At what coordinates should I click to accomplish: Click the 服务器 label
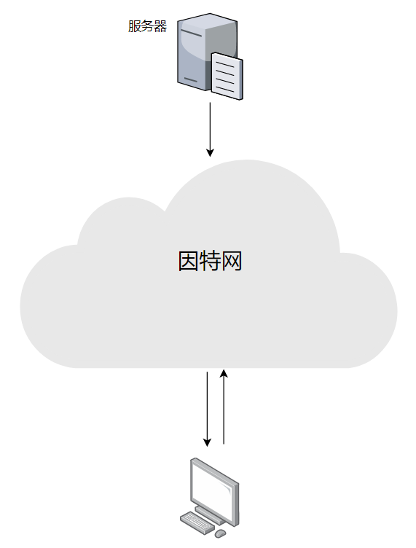pos(147,26)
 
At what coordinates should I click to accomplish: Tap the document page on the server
pos(227,77)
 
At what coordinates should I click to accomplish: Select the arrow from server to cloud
pos(210,129)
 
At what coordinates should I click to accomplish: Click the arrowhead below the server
pos(210,153)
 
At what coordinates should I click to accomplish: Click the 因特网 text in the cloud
pos(210,261)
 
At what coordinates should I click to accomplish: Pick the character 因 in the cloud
pos(189,261)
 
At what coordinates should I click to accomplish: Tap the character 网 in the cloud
pos(232,261)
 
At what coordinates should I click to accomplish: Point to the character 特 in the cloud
pos(210,261)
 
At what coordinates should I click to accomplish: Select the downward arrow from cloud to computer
pos(207,409)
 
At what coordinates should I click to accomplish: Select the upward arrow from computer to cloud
pos(224,407)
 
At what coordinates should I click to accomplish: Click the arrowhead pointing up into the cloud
pos(224,373)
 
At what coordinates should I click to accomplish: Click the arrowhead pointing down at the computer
pos(207,442)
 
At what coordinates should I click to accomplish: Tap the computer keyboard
pos(197,522)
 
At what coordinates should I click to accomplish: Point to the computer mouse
pos(221,533)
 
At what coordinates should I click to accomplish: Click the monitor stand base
pos(211,516)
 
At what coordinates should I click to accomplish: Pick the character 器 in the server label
pos(161,26)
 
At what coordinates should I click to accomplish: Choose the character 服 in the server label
pos(135,26)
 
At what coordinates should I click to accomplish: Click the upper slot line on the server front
pos(192,34)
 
